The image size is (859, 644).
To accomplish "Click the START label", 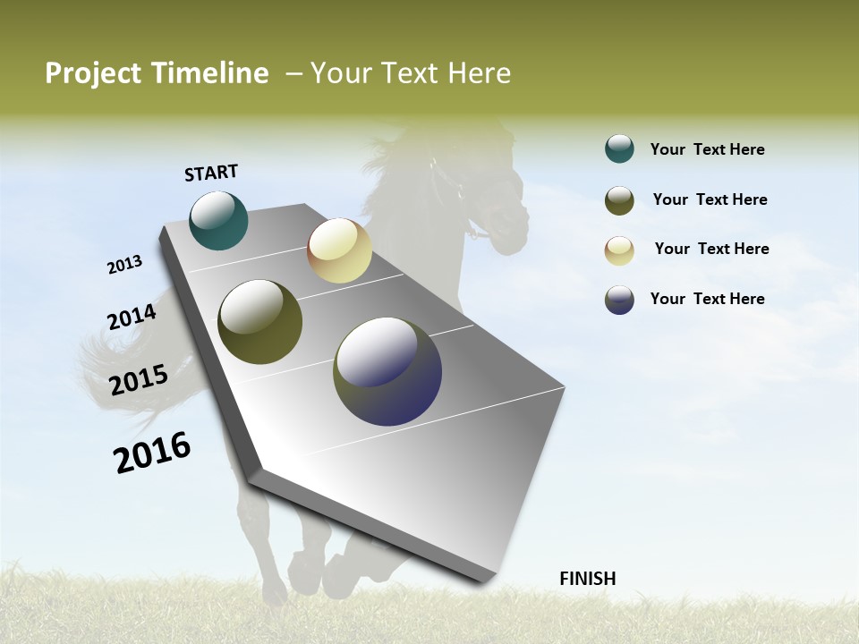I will tap(211, 173).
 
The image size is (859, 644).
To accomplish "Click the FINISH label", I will tap(587, 579).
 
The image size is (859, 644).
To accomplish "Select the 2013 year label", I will tap(124, 265).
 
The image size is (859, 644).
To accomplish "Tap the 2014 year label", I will tap(132, 317).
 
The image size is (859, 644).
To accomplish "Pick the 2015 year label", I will tap(139, 379).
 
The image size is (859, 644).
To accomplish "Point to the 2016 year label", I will tap(152, 453).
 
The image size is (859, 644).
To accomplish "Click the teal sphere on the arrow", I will tap(218, 221).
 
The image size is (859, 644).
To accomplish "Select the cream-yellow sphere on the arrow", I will tap(339, 250).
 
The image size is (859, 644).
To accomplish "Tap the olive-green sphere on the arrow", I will tap(259, 322).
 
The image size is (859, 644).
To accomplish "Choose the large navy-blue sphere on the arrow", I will tap(387, 371).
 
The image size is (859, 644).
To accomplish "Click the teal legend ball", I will tap(619, 149).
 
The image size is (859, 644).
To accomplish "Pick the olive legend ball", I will tap(619, 200).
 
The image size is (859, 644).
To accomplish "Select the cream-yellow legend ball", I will tap(619, 250).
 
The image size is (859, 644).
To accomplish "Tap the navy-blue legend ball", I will tap(619, 300).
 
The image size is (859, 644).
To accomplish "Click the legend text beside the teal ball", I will tap(707, 150).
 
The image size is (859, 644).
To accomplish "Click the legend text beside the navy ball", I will tap(707, 299).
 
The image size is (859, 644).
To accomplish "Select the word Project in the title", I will tap(94, 73).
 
